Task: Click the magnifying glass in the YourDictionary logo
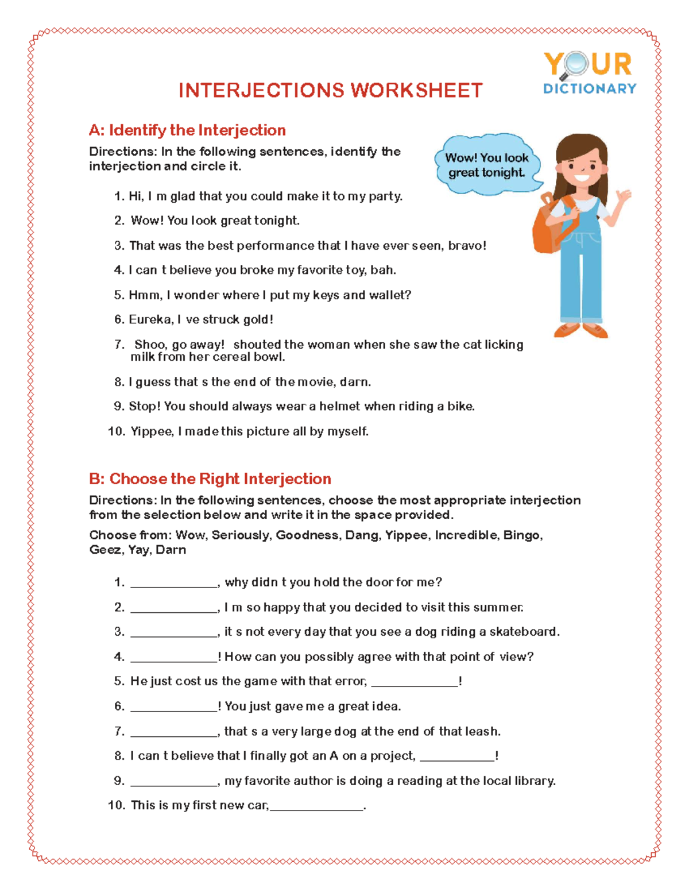(576, 65)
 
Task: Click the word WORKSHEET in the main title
(416, 91)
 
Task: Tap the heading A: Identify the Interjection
(187, 130)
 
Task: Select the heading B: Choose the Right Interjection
(210, 479)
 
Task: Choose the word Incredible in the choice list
(466, 535)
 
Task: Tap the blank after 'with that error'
(415, 683)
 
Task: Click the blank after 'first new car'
(316, 807)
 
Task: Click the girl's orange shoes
(581, 330)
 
